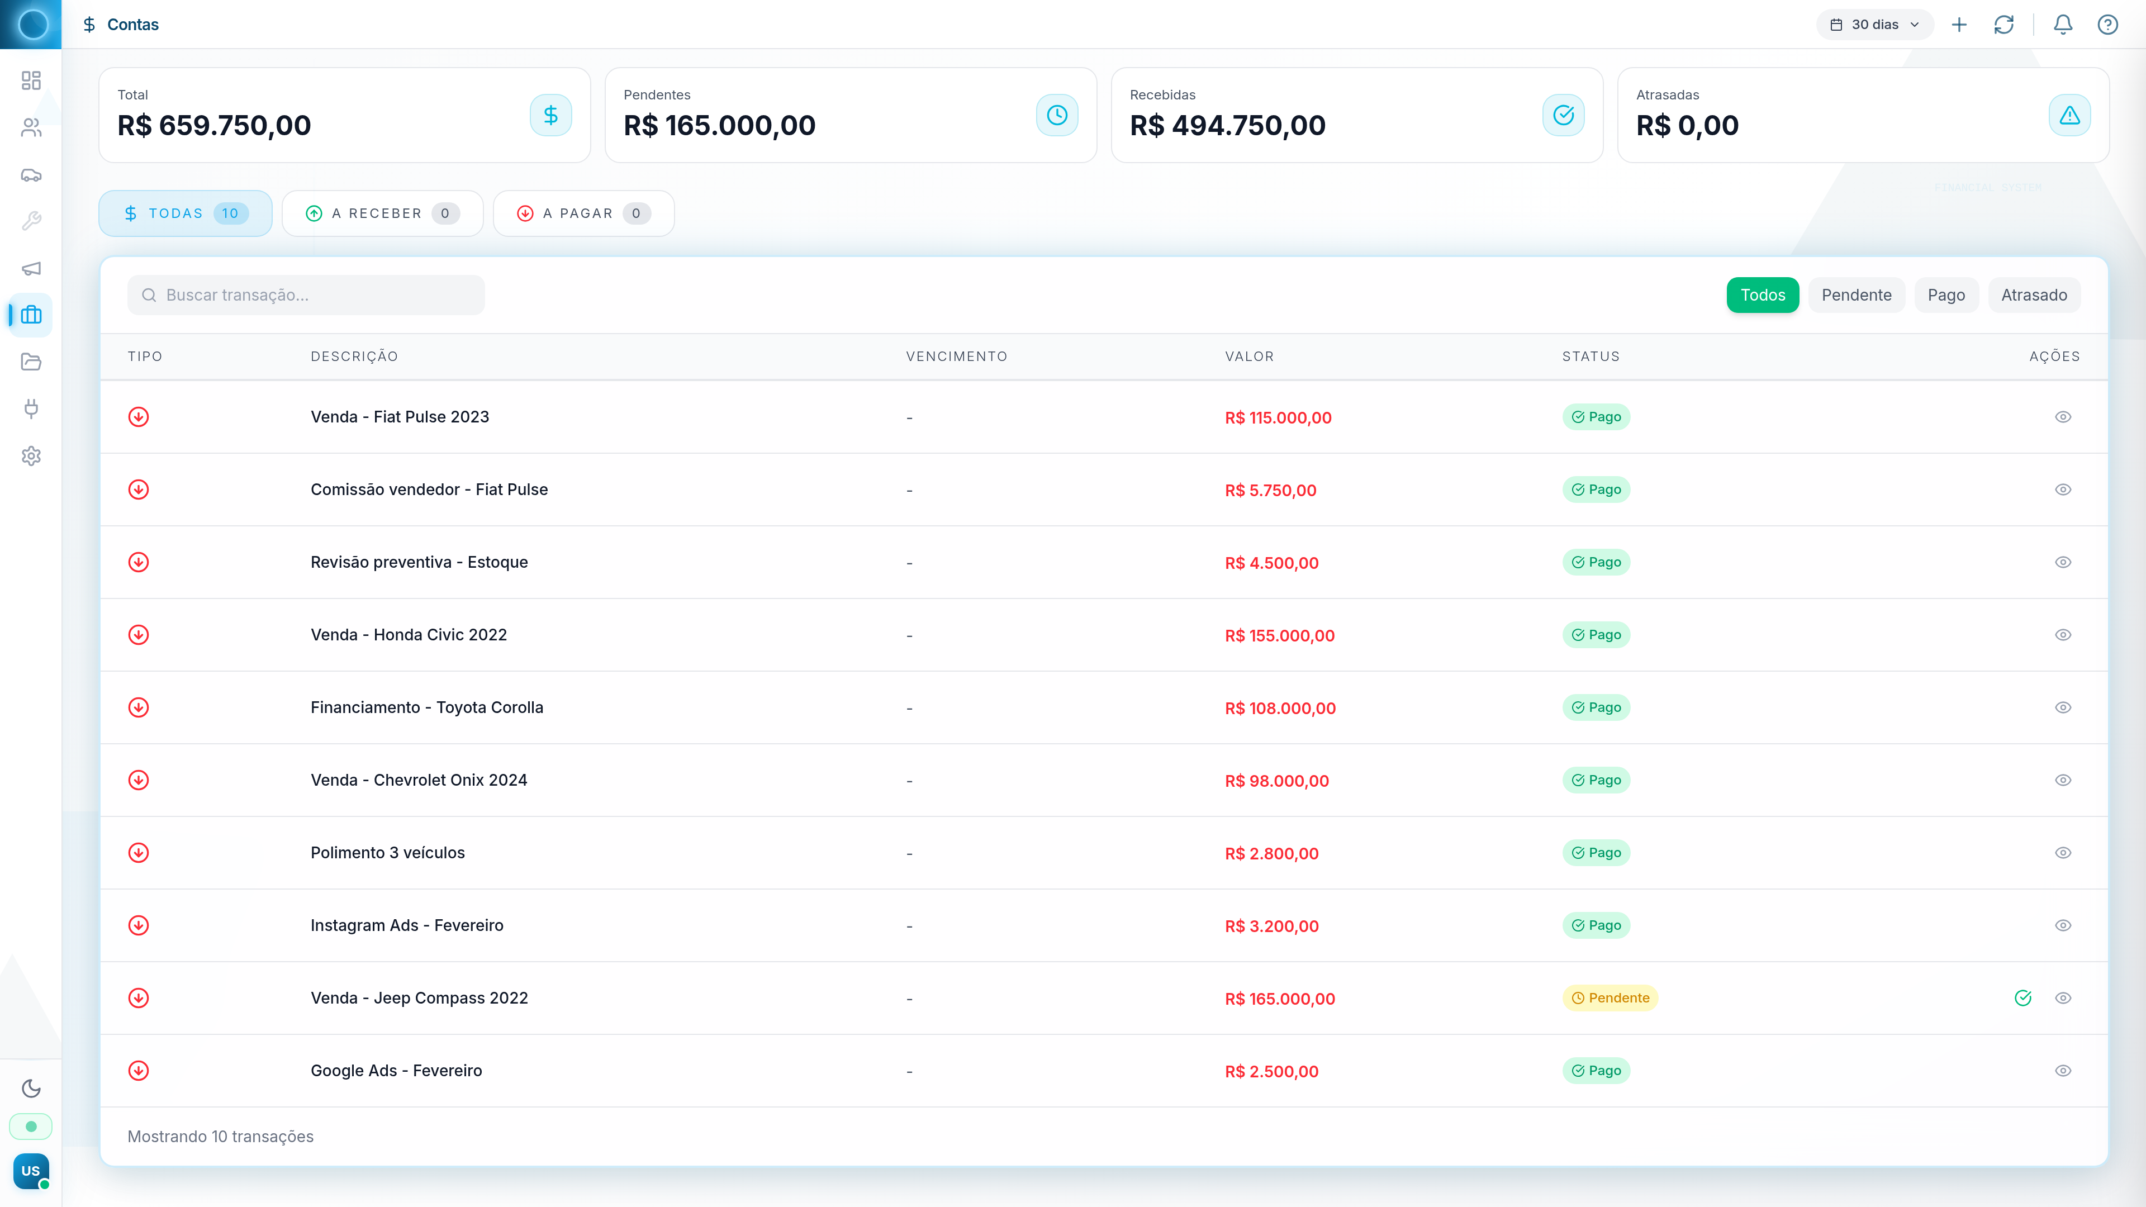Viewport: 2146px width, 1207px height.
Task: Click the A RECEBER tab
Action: coord(382,213)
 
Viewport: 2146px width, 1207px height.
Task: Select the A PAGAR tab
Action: coord(583,213)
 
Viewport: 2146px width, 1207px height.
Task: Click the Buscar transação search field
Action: coord(306,295)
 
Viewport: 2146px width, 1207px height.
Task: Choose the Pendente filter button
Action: coord(1855,295)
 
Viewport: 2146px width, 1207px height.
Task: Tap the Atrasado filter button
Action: coord(2034,295)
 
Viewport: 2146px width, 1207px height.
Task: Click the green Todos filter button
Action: coord(1762,295)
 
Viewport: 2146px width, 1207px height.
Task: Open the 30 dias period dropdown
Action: coord(1874,24)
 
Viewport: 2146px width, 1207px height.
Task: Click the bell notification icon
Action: coord(2062,24)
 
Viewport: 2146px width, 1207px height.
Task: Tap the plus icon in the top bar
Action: coord(1959,24)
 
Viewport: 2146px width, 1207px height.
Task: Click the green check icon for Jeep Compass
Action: coord(2022,998)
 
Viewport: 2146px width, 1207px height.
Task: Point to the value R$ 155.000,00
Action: coord(1279,635)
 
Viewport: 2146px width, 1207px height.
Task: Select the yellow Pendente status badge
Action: coord(1609,998)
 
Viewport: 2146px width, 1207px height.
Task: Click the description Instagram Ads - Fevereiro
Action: coord(406,925)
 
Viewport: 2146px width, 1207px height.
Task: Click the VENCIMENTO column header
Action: coord(956,357)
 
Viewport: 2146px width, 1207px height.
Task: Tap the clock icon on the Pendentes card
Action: coord(1056,115)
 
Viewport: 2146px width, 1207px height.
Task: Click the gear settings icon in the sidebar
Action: coord(31,455)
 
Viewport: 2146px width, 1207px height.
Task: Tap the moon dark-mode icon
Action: coord(31,1088)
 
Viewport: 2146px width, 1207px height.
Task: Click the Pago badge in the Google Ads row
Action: coord(1596,1071)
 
